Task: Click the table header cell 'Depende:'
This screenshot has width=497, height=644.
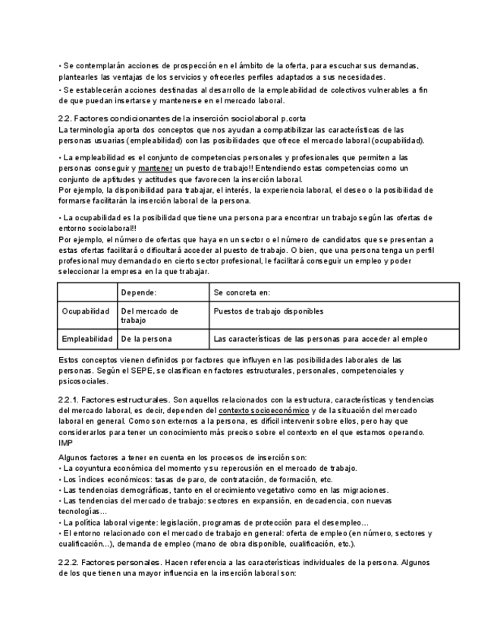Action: pos(139,292)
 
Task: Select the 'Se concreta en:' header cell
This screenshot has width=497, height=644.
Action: pos(242,292)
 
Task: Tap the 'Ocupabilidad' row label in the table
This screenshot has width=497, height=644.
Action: pos(87,311)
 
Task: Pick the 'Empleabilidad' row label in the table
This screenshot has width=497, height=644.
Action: pos(87,339)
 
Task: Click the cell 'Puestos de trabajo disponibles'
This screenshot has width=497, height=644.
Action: pos(269,311)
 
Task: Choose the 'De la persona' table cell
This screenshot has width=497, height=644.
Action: pos(146,339)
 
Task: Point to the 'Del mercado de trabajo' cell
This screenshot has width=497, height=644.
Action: pos(149,316)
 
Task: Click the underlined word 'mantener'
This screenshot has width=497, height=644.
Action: pos(156,168)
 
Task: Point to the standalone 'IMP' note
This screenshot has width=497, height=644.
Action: pos(65,443)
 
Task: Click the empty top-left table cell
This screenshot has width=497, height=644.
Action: pos(87,292)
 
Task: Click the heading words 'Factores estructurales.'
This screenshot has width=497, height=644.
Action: pos(125,399)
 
